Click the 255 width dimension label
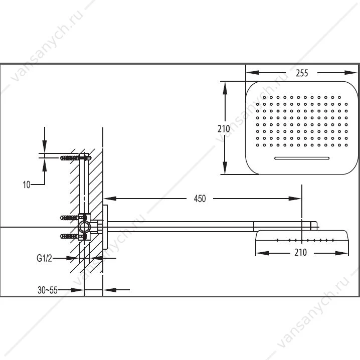coord(302,73)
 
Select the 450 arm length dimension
coord(200,199)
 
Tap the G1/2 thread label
coord(44,258)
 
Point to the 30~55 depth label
coord(47,290)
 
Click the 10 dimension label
coord(27,185)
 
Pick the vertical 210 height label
coord(224,129)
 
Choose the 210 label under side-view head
coord(300,252)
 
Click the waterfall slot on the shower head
coord(302,158)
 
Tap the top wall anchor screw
coord(70,158)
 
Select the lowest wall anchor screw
coord(70,236)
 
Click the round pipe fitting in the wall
coord(84,227)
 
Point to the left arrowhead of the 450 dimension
coord(110,199)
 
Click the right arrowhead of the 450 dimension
coord(294,199)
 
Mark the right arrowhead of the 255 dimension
coord(351,73)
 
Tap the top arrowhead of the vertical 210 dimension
coord(225,88)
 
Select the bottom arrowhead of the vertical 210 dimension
coord(225,168)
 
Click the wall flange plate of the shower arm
coord(105,227)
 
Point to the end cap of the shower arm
coord(314,226)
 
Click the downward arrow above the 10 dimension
coord(45,146)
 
